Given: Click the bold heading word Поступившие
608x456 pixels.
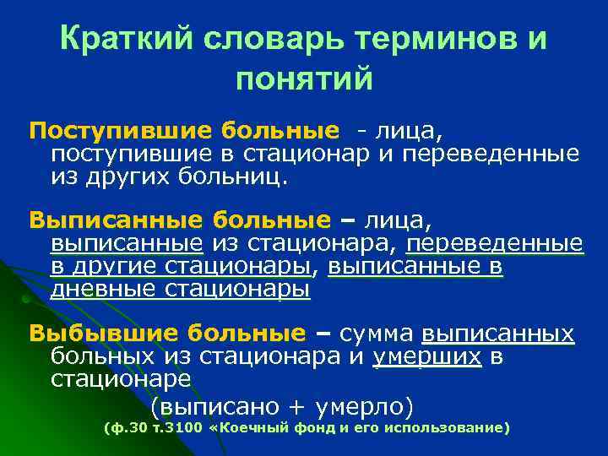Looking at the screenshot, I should [118, 132].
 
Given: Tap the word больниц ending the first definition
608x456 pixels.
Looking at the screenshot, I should [244, 176].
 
